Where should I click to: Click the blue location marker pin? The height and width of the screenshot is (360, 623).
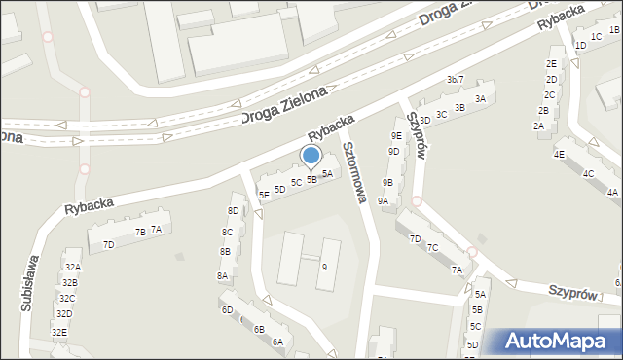tap(311, 157)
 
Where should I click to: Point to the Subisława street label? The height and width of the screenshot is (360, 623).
tap(29, 281)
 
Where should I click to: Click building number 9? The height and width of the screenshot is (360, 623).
tap(324, 267)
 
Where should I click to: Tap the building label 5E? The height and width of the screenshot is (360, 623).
tap(264, 196)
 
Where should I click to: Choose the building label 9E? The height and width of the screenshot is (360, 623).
tap(396, 136)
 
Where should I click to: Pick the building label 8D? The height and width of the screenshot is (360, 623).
tap(233, 211)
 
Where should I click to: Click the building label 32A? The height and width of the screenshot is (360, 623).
tap(72, 267)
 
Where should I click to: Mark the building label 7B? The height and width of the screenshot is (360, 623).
tap(140, 232)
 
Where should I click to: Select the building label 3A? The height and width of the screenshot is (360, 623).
tap(480, 99)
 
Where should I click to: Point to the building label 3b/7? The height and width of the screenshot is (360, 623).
tap(456, 79)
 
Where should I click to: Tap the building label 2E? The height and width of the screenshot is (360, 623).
tap(551, 64)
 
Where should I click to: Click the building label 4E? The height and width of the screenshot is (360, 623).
tap(559, 155)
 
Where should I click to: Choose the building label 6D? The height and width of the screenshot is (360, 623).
tap(227, 310)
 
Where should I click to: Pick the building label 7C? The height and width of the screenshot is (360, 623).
tap(432, 248)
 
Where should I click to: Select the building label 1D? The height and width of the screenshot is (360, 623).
tap(581, 46)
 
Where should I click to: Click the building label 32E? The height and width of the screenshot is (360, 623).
tap(59, 333)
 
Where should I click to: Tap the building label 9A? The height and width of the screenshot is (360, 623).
tap(384, 201)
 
